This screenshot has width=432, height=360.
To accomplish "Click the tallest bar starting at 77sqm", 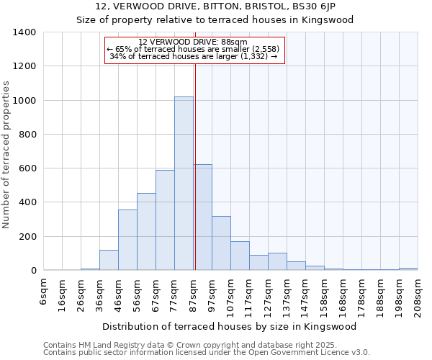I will click(x=184, y=184).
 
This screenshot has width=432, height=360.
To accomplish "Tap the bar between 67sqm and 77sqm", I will click(x=165, y=220).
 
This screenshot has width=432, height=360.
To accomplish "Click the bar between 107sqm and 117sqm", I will click(x=240, y=256).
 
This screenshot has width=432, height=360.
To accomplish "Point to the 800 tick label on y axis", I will click(x=27, y=135).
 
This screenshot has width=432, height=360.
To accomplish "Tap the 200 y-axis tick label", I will click(x=27, y=237).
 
